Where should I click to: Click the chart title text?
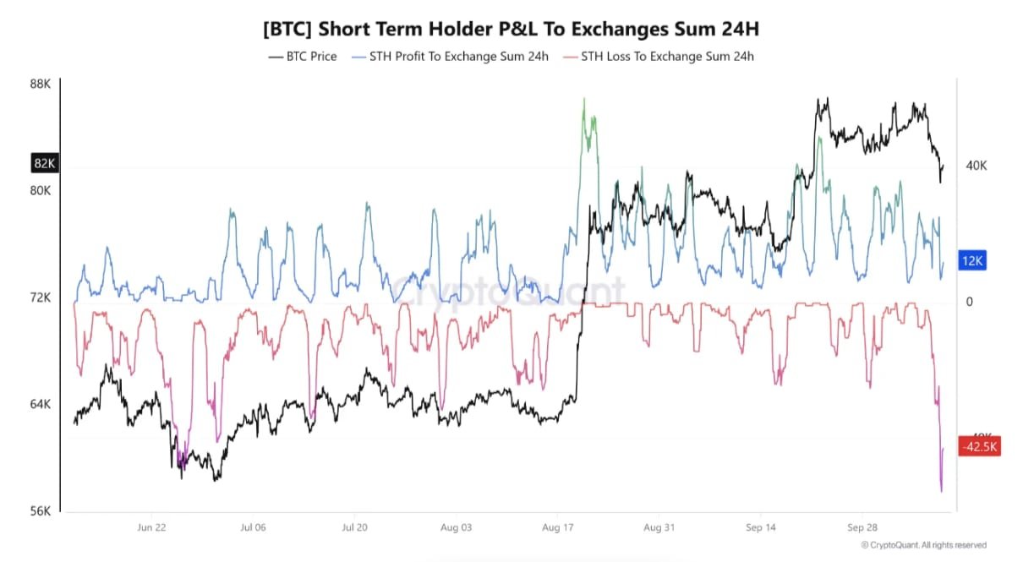pos(511,30)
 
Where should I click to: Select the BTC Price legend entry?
pos(303,57)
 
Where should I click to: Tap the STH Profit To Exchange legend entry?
pos(450,57)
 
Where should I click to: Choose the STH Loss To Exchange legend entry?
pos(658,57)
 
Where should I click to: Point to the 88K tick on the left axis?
pos(41,84)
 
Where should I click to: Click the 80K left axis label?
pos(41,190)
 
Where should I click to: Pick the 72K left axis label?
pos(41,297)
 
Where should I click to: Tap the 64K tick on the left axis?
pos(41,404)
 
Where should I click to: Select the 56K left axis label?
pos(41,510)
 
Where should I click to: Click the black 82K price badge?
pos(45,163)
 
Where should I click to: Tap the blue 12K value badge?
pos(972,260)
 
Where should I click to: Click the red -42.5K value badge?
pos(980,446)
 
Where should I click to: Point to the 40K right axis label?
pos(976,166)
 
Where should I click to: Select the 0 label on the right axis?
pos(969,302)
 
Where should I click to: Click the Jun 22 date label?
pos(151,527)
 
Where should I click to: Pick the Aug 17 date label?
pos(557,527)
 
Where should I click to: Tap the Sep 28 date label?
pos(862,527)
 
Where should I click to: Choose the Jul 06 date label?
pos(253,527)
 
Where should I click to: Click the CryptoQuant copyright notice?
pos(923,545)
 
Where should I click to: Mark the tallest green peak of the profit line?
pos(584,99)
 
